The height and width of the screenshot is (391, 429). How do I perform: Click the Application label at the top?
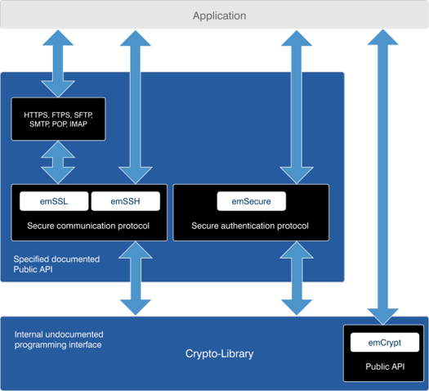[220, 16]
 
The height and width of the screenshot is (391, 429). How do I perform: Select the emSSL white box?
[54, 201]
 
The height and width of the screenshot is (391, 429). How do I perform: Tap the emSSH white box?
[126, 201]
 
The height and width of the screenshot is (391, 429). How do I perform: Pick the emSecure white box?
[252, 201]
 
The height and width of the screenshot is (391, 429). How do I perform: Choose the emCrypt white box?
[385, 342]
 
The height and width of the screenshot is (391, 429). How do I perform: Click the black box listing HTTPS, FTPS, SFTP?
[58, 119]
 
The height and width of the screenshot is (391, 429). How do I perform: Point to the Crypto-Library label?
[220, 353]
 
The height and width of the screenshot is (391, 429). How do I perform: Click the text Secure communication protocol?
[88, 226]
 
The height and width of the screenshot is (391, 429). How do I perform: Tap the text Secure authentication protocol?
[250, 226]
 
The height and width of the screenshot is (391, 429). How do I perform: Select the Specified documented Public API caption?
[56, 264]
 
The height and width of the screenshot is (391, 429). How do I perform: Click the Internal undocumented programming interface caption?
[59, 339]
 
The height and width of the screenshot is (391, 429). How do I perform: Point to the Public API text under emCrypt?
[385, 366]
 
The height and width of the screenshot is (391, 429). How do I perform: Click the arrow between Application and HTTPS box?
[58, 64]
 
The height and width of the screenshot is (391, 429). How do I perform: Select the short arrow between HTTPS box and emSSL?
[58, 162]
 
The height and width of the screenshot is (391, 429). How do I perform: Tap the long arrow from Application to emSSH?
[136, 107]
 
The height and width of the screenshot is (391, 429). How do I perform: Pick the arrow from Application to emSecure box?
[297, 107]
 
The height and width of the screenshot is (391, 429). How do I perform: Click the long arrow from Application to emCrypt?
[382, 178]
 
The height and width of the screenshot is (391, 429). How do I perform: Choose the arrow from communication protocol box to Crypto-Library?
[136, 278]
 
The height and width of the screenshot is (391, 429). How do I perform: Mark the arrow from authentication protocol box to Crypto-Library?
[297, 278]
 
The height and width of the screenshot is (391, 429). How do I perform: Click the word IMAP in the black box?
[78, 124]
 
